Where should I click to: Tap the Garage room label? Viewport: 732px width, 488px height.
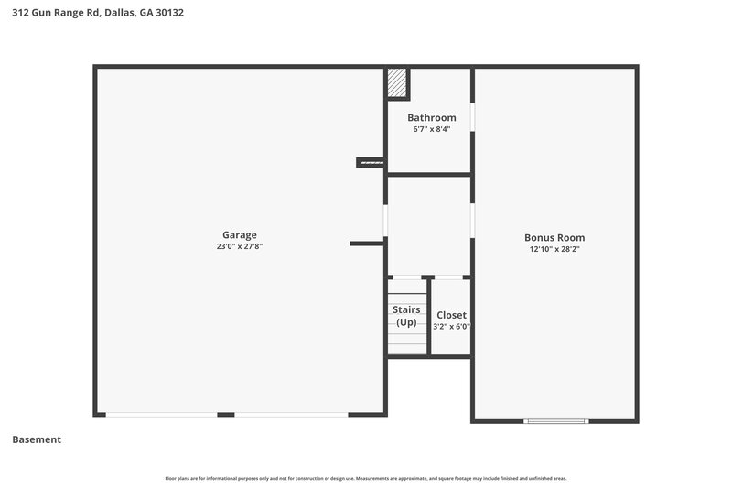click(239, 234)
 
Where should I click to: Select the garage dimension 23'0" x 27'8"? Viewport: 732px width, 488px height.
click(239, 247)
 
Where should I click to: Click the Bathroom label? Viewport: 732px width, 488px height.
click(431, 117)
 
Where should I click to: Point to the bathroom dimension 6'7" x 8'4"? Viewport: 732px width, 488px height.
click(431, 129)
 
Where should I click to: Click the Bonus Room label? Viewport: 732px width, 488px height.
click(554, 237)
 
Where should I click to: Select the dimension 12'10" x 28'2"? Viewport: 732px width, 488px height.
click(554, 249)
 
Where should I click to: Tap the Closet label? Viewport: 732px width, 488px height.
click(451, 315)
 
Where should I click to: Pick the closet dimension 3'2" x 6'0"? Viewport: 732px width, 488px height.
click(451, 326)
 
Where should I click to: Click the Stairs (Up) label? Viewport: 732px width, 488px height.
click(406, 316)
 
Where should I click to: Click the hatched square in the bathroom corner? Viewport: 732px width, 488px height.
click(396, 83)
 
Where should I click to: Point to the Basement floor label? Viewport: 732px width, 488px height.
click(37, 439)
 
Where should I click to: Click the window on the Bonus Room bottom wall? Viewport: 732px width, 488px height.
click(555, 421)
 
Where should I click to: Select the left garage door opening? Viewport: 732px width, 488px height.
click(161, 415)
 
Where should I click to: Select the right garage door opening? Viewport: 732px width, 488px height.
click(291, 415)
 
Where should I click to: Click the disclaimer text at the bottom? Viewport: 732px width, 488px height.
click(366, 478)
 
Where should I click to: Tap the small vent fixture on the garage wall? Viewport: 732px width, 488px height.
click(370, 163)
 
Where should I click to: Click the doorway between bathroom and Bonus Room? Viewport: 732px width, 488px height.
click(473, 118)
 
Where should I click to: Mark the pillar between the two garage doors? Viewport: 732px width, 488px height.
click(226, 415)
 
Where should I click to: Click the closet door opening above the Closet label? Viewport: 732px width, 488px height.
click(447, 277)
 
